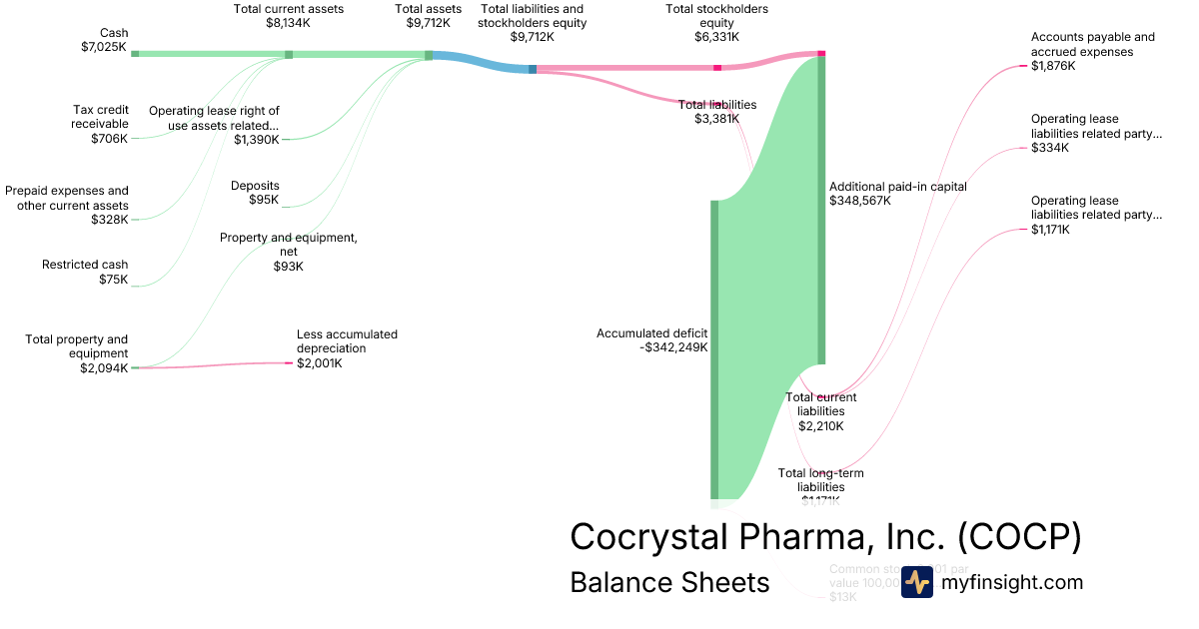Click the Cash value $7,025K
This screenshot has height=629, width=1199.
(104, 47)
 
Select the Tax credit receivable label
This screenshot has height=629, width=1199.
(101, 117)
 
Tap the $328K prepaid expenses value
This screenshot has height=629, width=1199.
(110, 220)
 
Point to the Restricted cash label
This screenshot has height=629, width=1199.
(85, 265)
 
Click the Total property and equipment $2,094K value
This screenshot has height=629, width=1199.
(104, 367)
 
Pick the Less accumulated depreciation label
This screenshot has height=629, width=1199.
(347, 341)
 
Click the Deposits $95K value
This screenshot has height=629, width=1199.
(264, 200)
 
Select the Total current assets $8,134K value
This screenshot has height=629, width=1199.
(289, 23)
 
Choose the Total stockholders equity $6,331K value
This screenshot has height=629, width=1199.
(716, 37)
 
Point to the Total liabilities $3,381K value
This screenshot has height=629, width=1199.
(716, 119)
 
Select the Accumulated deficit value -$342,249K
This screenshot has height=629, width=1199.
(665, 347)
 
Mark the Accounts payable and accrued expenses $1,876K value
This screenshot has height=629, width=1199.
(1053, 66)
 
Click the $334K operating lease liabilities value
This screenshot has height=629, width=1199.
(1050, 148)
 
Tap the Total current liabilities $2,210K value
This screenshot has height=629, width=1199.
(820, 425)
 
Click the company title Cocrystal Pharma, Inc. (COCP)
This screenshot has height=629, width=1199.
(825, 537)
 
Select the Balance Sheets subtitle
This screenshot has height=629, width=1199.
(669, 582)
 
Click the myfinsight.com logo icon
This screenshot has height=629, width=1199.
(916, 582)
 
